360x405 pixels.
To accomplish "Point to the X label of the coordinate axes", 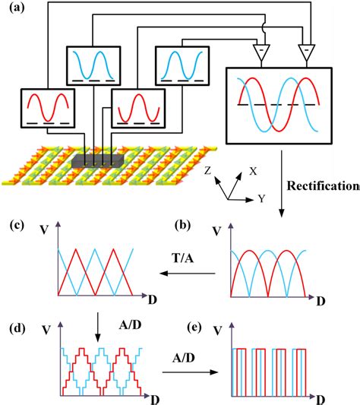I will (253, 171).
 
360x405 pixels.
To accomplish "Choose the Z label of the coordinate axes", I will (207, 172).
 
